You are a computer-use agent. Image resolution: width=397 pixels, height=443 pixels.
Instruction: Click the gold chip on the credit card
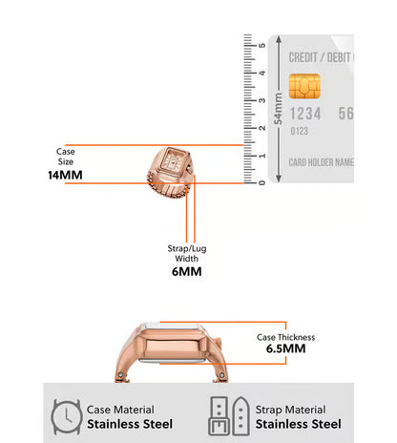(304, 86)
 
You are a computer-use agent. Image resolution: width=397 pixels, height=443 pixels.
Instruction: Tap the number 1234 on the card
(305, 114)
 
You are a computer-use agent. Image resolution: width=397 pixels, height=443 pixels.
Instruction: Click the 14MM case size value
(65, 175)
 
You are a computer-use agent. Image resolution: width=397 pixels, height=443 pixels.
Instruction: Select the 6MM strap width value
(187, 271)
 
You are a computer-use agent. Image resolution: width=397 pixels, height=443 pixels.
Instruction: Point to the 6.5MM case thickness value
(285, 348)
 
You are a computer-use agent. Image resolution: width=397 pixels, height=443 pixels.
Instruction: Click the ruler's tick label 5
(261, 45)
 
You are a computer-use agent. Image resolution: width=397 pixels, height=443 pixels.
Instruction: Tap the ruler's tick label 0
(261, 182)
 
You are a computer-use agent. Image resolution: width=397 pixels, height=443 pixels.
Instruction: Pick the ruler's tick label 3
(261, 100)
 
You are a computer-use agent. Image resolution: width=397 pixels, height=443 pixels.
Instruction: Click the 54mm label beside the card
(278, 109)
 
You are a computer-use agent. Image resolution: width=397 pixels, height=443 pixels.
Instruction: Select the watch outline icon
(67, 416)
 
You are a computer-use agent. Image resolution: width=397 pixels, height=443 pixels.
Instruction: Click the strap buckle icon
(229, 416)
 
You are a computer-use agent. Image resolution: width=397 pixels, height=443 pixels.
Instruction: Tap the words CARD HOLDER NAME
(322, 162)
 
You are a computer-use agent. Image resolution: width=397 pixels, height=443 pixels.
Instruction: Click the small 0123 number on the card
(299, 131)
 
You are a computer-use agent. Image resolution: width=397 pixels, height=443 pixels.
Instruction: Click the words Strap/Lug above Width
(187, 248)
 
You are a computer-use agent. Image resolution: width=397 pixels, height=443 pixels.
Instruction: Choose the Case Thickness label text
(285, 337)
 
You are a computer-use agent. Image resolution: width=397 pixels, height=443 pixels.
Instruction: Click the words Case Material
(120, 410)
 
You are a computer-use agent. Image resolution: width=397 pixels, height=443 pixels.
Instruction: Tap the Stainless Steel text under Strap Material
(299, 424)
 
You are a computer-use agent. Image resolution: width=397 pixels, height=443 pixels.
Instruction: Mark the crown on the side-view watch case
(219, 343)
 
